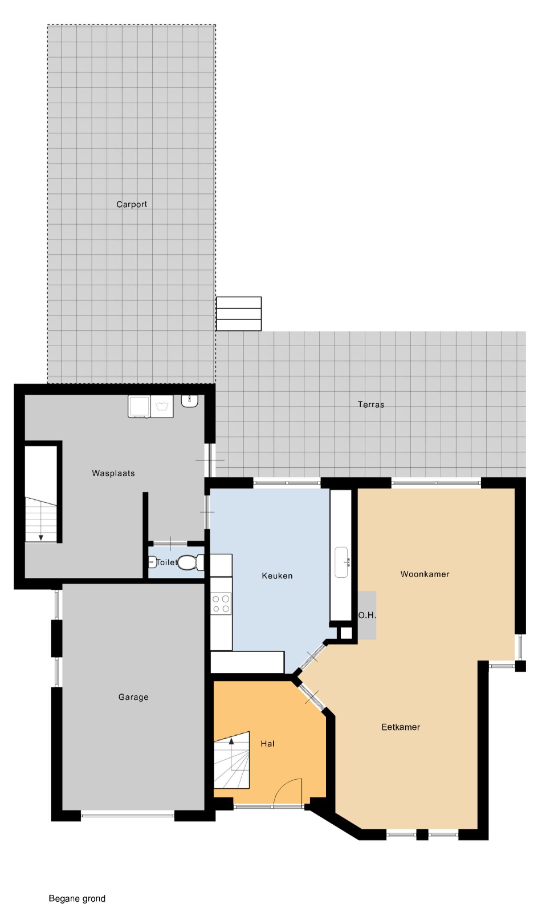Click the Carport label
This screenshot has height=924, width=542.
(x=132, y=204)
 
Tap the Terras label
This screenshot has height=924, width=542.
(x=371, y=404)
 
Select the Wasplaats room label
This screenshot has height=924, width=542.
(x=113, y=473)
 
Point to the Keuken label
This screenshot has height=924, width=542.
(x=277, y=576)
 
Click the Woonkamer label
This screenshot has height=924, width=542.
(x=425, y=574)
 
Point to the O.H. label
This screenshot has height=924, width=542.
(x=366, y=615)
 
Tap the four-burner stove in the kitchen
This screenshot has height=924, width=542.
(x=221, y=603)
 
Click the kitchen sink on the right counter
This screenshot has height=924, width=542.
(x=341, y=562)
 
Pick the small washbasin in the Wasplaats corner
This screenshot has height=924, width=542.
(x=190, y=400)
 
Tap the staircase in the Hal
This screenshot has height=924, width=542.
(x=231, y=761)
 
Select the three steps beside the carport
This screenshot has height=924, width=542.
(x=239, y=314)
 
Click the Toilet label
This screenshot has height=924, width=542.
(x=166, y=562)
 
